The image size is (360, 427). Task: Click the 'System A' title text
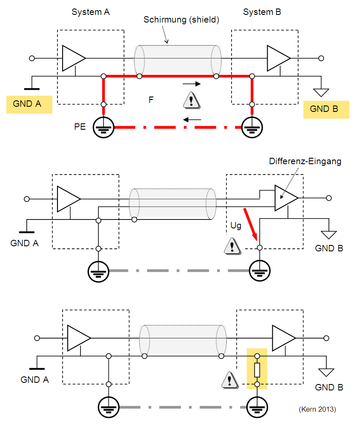tap(91, 12)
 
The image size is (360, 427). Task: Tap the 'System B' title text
tap(262, 12)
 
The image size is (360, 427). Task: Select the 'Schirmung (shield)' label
tap(181, 20)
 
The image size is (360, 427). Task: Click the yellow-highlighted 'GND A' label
tap(27, 104)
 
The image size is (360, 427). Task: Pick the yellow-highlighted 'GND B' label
tap(324, 109)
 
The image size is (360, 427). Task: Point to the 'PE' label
tap(80, 127)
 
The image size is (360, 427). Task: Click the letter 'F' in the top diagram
tap(151, 100)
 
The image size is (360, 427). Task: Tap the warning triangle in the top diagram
tap(191, 100)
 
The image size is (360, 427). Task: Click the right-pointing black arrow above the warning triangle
tap(191, 84)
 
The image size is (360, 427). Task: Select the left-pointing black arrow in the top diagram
tap(192, 120)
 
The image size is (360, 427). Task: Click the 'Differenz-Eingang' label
tap(305, 161)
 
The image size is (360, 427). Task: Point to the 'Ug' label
tap(236, 226)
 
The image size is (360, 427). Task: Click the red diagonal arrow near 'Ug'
tap(251, 225)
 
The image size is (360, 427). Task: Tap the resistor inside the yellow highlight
tap(257, 370)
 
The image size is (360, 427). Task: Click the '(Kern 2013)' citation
tap(317, 409)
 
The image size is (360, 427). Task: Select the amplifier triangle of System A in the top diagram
tap(74, 58)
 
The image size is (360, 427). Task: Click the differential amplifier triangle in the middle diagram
tap(286, 198)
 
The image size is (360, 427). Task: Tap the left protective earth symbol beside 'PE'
tap(103, 127)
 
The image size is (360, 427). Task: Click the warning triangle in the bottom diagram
tap(229, 380)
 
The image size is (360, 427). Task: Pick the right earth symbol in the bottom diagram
tap(257, 407)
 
